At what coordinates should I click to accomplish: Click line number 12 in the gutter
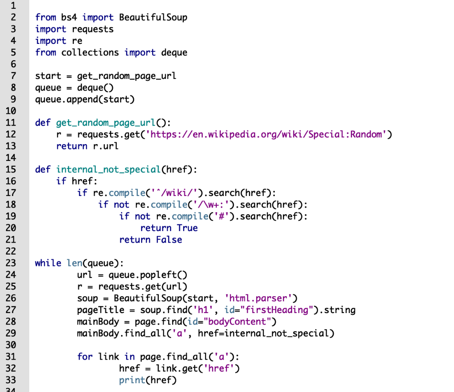[x=11, y=134]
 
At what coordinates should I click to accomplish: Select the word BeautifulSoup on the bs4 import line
[x=153, y=17]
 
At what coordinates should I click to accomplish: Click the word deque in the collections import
[x=174, y=52]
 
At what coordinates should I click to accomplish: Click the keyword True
[x=187, y=228]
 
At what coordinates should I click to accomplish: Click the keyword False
[x=168, y=239]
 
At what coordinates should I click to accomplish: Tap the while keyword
[x=48, y=263]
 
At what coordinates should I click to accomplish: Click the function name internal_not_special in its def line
[x=109, y=169]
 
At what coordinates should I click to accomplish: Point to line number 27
[x=11, y=310]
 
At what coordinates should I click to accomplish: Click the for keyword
[x=85, y=357]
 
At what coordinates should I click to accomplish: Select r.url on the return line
[x=106, y=146]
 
